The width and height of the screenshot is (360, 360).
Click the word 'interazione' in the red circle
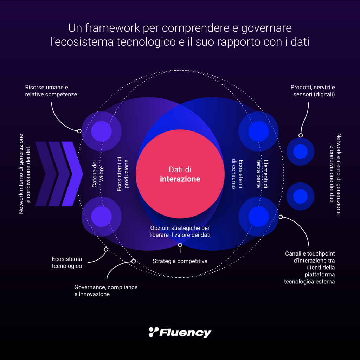tap(180, 179)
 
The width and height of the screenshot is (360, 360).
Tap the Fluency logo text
tap(185, 332)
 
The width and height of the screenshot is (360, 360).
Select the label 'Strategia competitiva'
tap(180, 261)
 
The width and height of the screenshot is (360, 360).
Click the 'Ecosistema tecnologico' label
tap(67, 262)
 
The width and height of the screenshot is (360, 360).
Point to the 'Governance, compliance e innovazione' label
tap(105, 291)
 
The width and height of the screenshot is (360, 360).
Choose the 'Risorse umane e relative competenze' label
tap(51, 91)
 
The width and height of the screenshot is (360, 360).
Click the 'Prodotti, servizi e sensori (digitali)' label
tap(313, 91)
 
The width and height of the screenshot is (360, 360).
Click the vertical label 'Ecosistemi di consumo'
tap(237, 174)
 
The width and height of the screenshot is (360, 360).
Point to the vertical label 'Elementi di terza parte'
tap(264, 174)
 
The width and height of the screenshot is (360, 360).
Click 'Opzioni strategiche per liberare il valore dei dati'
tap(180, 231)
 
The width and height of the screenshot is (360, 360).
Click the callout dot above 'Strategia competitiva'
tap(180, 245)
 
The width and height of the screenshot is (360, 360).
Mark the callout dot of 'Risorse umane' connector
tap(79, 131)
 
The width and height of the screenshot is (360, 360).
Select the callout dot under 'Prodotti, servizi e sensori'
tap(301, 135)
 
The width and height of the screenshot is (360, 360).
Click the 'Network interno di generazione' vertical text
tap(21, 174)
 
